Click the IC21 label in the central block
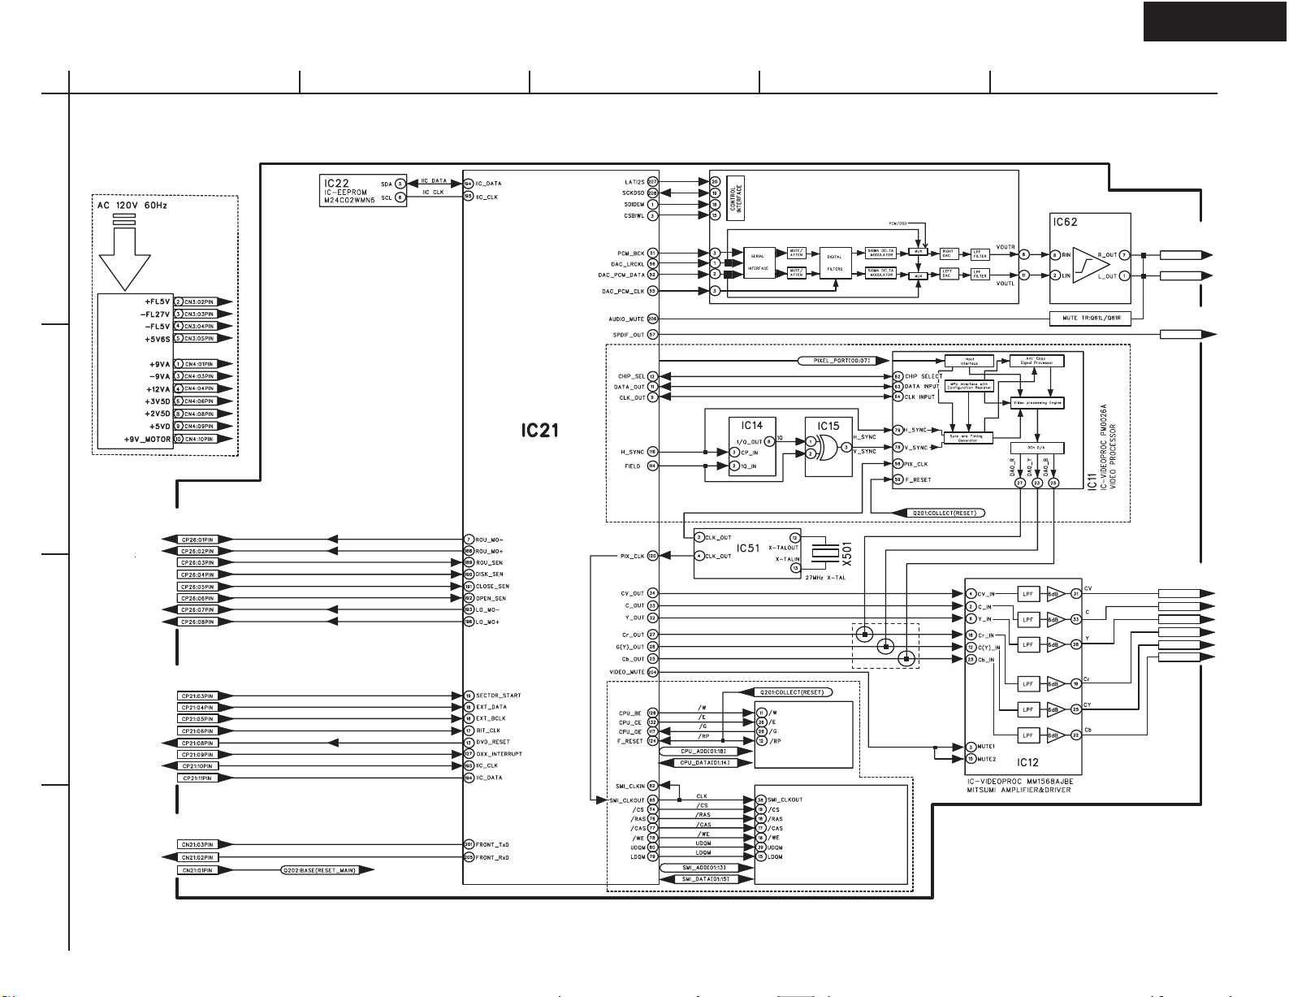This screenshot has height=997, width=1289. (x=539, y=430)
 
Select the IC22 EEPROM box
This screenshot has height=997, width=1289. (x=363, y=190)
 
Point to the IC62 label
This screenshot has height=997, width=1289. (x=1065, y=222)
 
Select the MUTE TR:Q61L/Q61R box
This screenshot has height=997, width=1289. (x=1090, y=318)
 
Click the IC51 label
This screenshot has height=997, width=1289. (x=747, y=548)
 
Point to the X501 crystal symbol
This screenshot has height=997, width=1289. (x=827, y=553)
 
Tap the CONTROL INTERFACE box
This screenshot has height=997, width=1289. (x=736, y=197)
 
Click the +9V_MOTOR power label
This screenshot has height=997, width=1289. (x=147, y=440)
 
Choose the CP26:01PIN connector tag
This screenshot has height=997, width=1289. (x=197, y=540)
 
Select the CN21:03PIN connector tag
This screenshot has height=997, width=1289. (x=197, y=845)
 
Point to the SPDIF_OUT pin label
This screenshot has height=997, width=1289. (x=627, y=335)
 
